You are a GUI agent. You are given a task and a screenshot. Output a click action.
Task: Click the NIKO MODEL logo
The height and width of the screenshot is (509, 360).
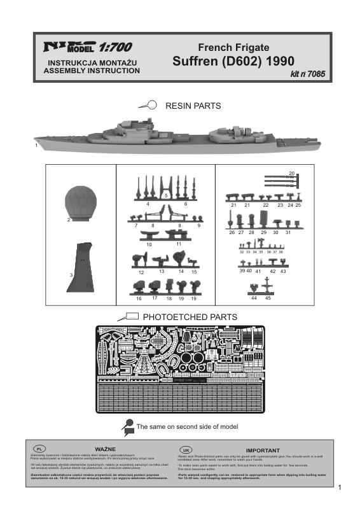click(68, 46)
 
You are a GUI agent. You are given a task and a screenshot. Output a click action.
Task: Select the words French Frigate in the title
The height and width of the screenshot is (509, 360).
click(234, 48)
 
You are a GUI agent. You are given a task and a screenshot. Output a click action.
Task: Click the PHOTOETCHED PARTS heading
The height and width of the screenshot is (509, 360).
click(190, 317)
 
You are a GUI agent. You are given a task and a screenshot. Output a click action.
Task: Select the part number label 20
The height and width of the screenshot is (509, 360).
click(292, 173)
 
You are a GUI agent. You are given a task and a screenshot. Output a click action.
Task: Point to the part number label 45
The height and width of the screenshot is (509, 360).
click(268, 298)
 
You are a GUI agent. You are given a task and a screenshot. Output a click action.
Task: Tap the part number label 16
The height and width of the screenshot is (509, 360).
click(139, 298)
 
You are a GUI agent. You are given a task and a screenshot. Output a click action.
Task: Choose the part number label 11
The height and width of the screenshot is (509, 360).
click(179, 244)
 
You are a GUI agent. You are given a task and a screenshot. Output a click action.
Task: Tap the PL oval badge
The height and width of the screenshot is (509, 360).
click(38, 449)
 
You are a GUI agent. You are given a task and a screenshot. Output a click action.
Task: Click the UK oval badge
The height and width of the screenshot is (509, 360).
click(186, 449)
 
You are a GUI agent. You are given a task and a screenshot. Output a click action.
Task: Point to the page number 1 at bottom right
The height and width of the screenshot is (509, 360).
click(341, 488)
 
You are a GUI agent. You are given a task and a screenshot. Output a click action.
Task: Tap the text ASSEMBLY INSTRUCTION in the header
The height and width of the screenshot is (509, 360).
click(92, 71)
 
